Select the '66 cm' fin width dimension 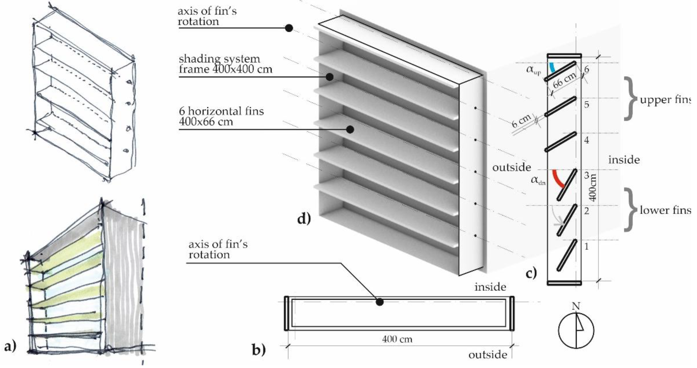pyautogui.click(x=564, y=81)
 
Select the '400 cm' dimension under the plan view pyautogui.click(x=397, y=339)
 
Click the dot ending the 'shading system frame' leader pyautogui.click(x=329, y=77)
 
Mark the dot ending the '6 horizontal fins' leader pyautogui.click(x=350, y=129)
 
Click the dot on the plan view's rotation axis pyautogui.click(x=380, y=302)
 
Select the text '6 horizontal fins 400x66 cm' pyautogui.click(x=221, y=117)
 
